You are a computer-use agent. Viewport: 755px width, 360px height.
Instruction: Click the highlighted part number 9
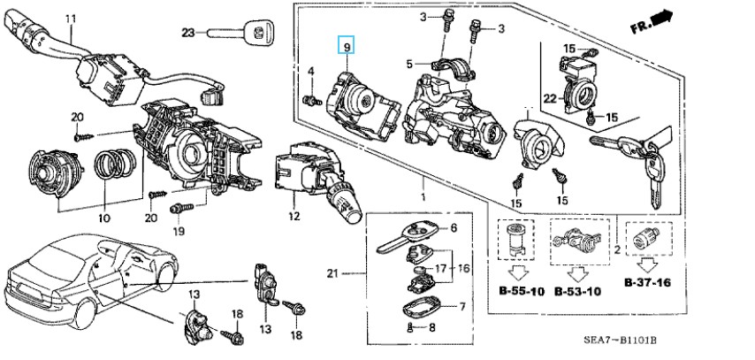pyautogui.click(x=346, y=46)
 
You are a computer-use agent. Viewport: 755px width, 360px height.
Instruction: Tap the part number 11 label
pyautogui.click(x=71, y=19)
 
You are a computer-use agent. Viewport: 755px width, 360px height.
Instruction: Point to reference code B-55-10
pyautogui.click(x=522, y=291)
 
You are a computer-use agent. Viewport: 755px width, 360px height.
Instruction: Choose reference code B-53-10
pyautogui.click(x=577, y=291)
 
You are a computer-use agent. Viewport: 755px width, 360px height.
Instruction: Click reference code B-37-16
pyautogui.click(x=648, y=282)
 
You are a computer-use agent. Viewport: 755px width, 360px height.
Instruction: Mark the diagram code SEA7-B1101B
pyautogui.click(x=621, y=341)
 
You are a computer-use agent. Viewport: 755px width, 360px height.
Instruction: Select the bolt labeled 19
pyautogui.click(x=182, y=208)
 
